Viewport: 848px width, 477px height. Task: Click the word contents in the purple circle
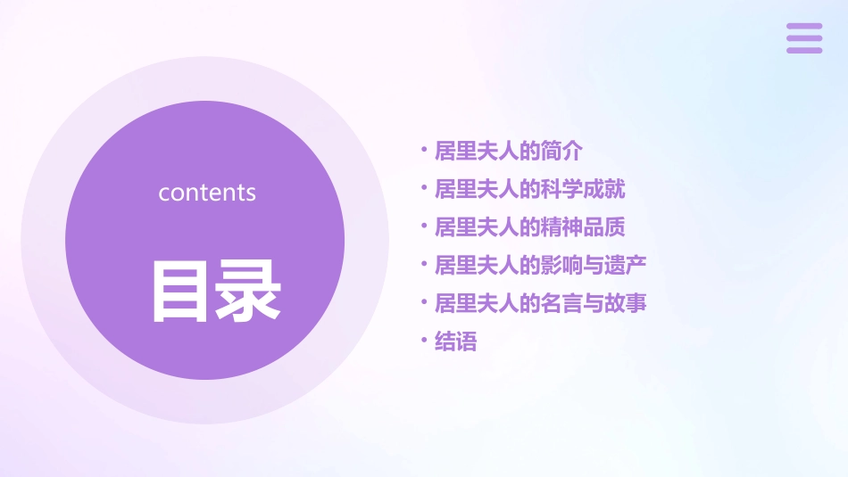click(207, 193)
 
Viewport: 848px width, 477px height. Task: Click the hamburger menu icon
click(804, 38)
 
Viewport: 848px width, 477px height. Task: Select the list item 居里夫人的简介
click(508, 151)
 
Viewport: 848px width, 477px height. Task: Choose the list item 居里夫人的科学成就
click(529, 189)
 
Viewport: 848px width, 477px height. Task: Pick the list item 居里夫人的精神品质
click(529, 227)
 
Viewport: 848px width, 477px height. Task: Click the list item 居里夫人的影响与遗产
click(540, 265)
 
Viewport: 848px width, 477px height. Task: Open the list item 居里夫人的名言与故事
click(540, 303)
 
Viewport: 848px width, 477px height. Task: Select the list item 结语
click(455, 341)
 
